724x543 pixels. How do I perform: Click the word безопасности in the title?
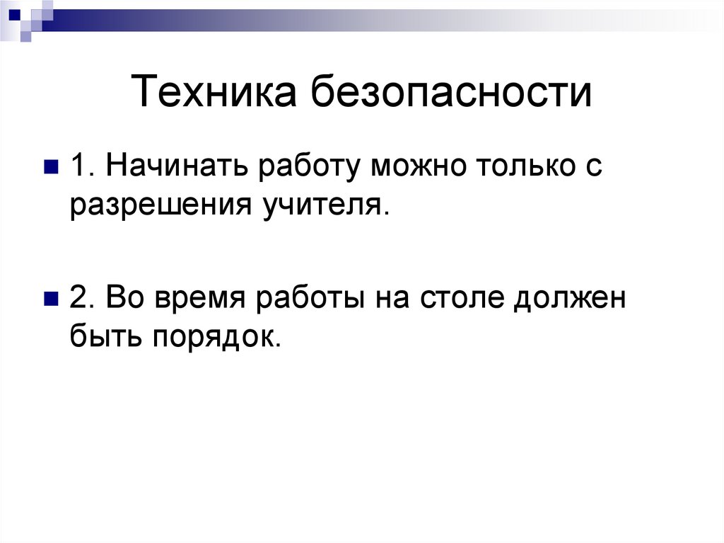point(450,93)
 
